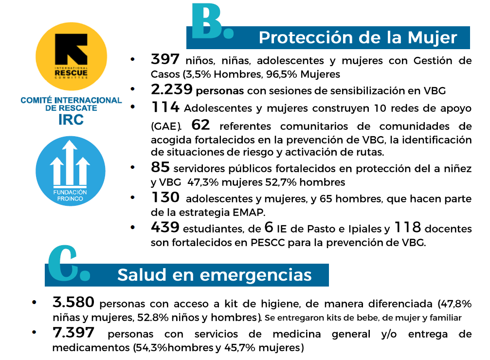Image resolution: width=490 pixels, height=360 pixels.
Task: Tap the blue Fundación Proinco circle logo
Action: [70, 171]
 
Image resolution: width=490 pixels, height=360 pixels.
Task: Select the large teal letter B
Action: [210, 21]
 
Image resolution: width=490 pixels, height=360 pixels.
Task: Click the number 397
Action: [165, 60]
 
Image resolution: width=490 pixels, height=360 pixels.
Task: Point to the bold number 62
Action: [200, 126]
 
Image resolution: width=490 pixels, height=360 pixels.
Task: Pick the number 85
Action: [160, 168]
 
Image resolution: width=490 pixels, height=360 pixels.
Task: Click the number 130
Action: [165, 198]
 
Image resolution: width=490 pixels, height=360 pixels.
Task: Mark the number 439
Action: [165, 227]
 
